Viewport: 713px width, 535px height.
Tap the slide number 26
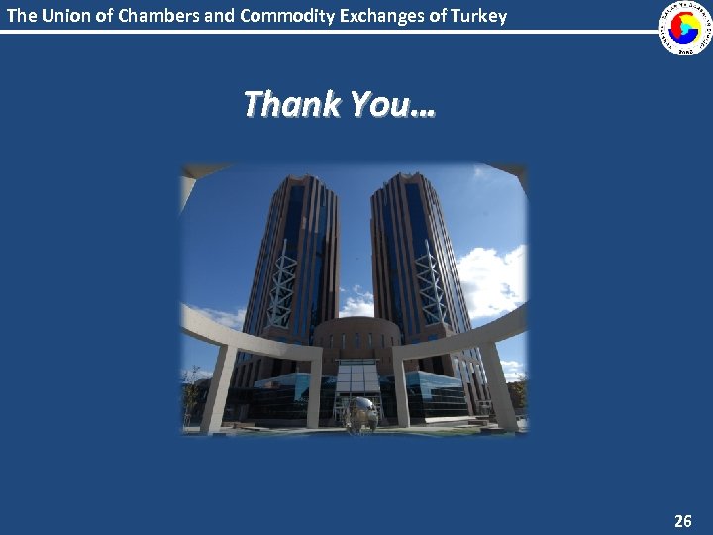(x=683, y=520)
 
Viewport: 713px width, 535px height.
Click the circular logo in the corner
(x=685, y=27)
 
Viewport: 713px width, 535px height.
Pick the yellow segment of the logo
(x=691, y=22)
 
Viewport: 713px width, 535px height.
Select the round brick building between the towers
(x=356, y=337)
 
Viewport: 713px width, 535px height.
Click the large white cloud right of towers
(x=490, y=277)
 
